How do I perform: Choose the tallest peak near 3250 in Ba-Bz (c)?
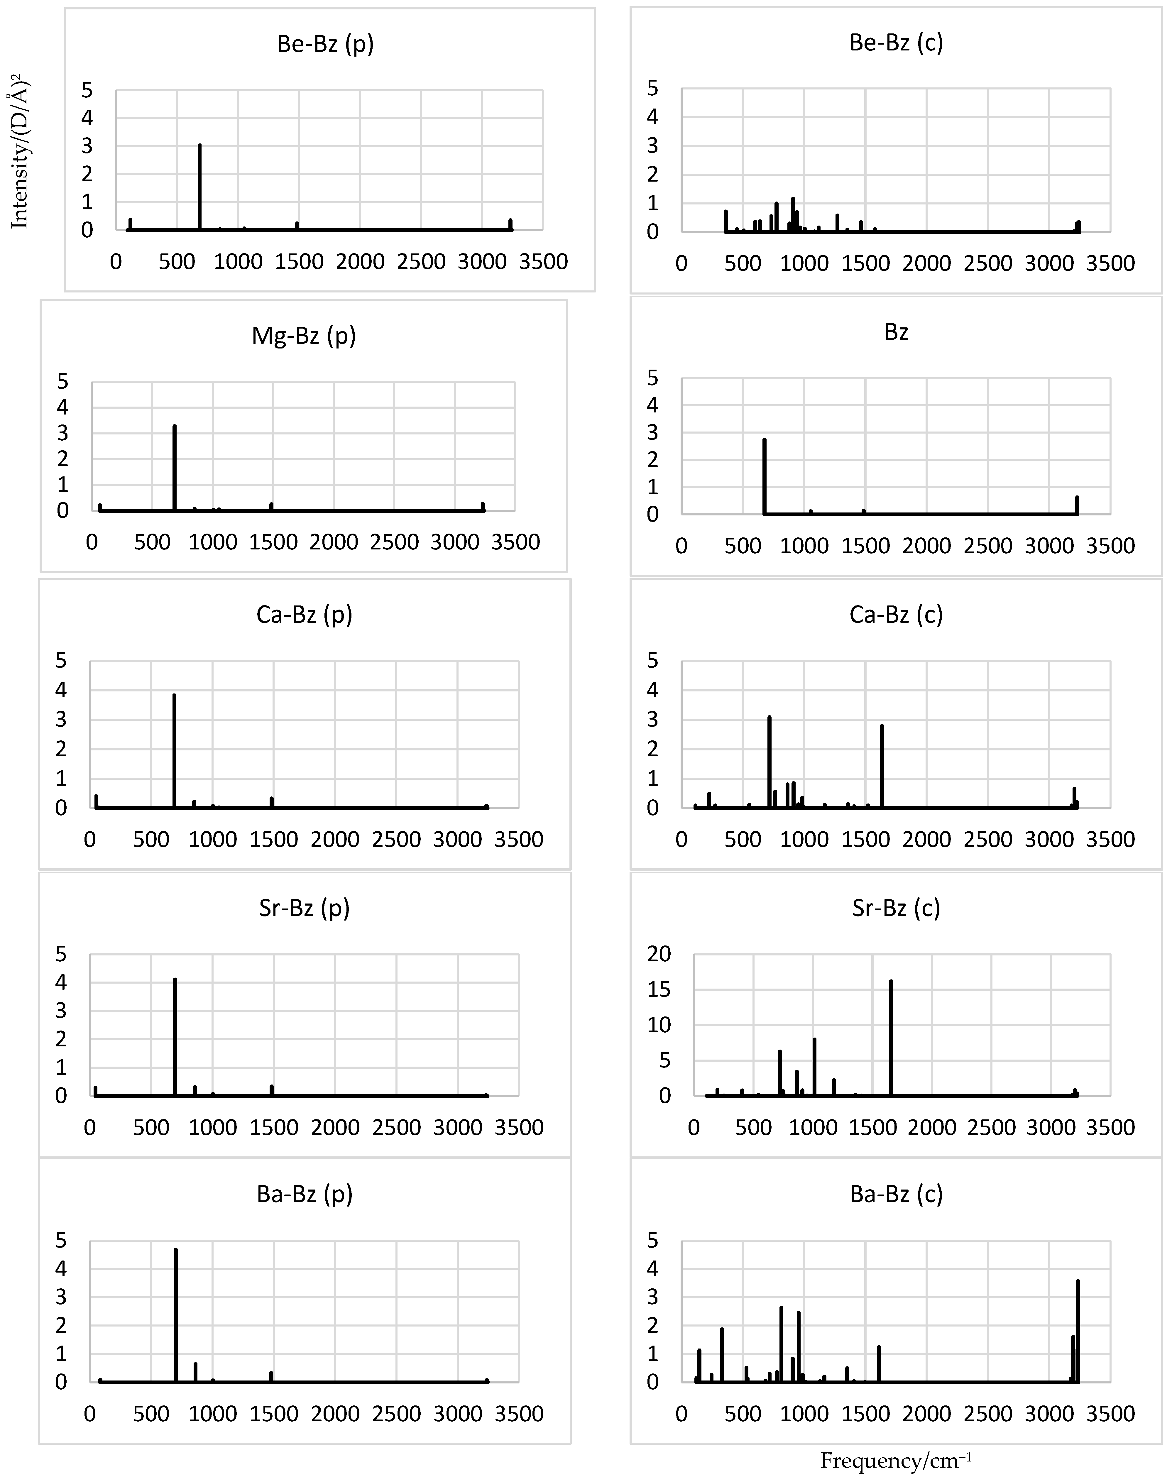[1078, 1331]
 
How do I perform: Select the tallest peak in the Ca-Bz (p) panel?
[174, 751]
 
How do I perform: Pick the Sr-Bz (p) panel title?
[304, 908]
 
